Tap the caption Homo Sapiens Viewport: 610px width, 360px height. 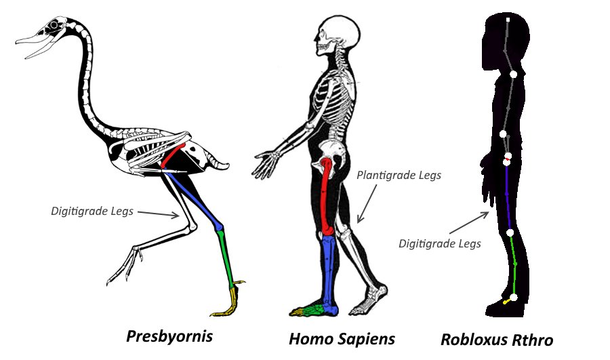[342, 338]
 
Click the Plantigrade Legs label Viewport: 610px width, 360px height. [399, 175]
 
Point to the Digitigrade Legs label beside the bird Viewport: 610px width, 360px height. [93, 211]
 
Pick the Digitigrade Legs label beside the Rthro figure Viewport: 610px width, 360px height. [440, 243]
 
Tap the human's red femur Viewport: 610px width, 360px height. [329, 197]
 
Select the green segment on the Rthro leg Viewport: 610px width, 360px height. [514, 264]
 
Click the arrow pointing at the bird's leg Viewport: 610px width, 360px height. [163, 214]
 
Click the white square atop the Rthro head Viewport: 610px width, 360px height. [508, 21]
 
